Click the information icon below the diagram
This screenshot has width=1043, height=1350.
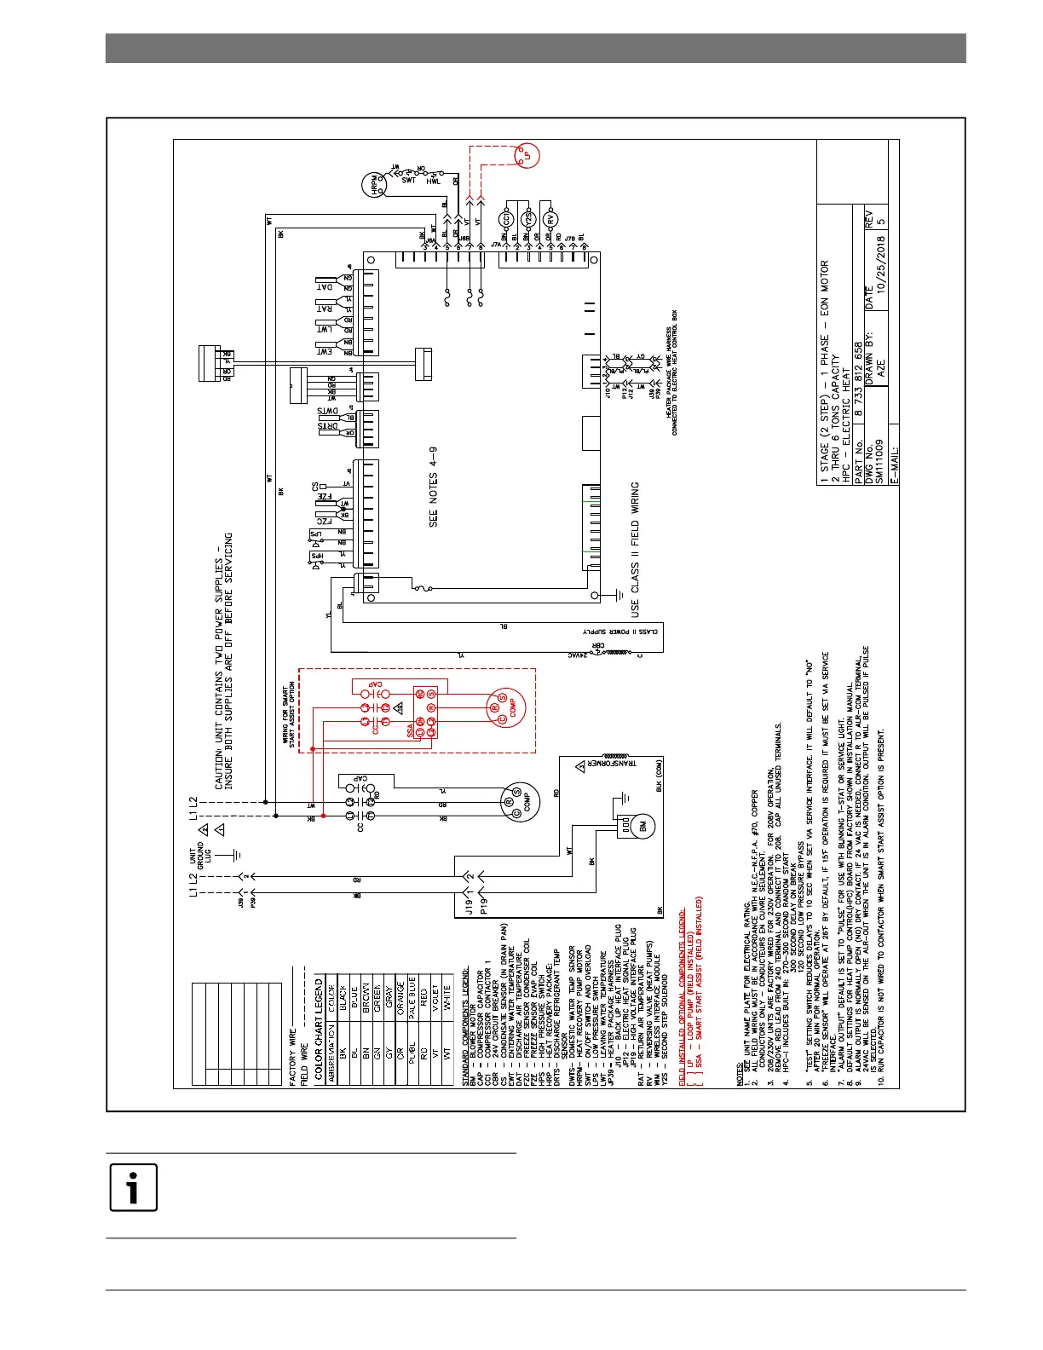tap(133, 1187)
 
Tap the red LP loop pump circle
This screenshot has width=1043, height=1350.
tap(527, 156)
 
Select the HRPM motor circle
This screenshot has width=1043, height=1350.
tap(375, 186)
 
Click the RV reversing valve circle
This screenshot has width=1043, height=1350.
tap(551, 219)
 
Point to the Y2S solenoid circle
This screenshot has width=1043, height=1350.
tap(528, 219)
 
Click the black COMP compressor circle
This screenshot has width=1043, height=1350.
tap(516, 802)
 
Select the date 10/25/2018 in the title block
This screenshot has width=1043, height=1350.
tap(881, 264)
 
